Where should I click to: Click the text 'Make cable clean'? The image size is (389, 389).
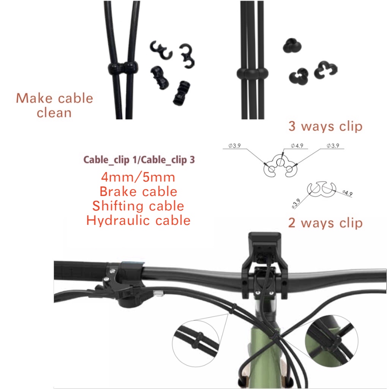[54, 105]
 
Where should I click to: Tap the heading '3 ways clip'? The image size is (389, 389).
[325, 127]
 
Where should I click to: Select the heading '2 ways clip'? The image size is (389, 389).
[325, 223]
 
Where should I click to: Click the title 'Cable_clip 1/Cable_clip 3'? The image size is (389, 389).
[139, 160]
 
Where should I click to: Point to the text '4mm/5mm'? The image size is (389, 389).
[138, 177]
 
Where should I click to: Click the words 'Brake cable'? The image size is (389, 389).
[138, 191]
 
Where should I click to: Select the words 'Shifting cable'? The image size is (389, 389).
[138, 206]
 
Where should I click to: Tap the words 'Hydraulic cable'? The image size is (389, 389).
[138, 220]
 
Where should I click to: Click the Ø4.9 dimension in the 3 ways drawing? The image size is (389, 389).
[297, 145]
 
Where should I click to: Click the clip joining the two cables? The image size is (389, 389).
[122, 68]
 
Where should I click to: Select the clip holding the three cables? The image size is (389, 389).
[252, 73]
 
